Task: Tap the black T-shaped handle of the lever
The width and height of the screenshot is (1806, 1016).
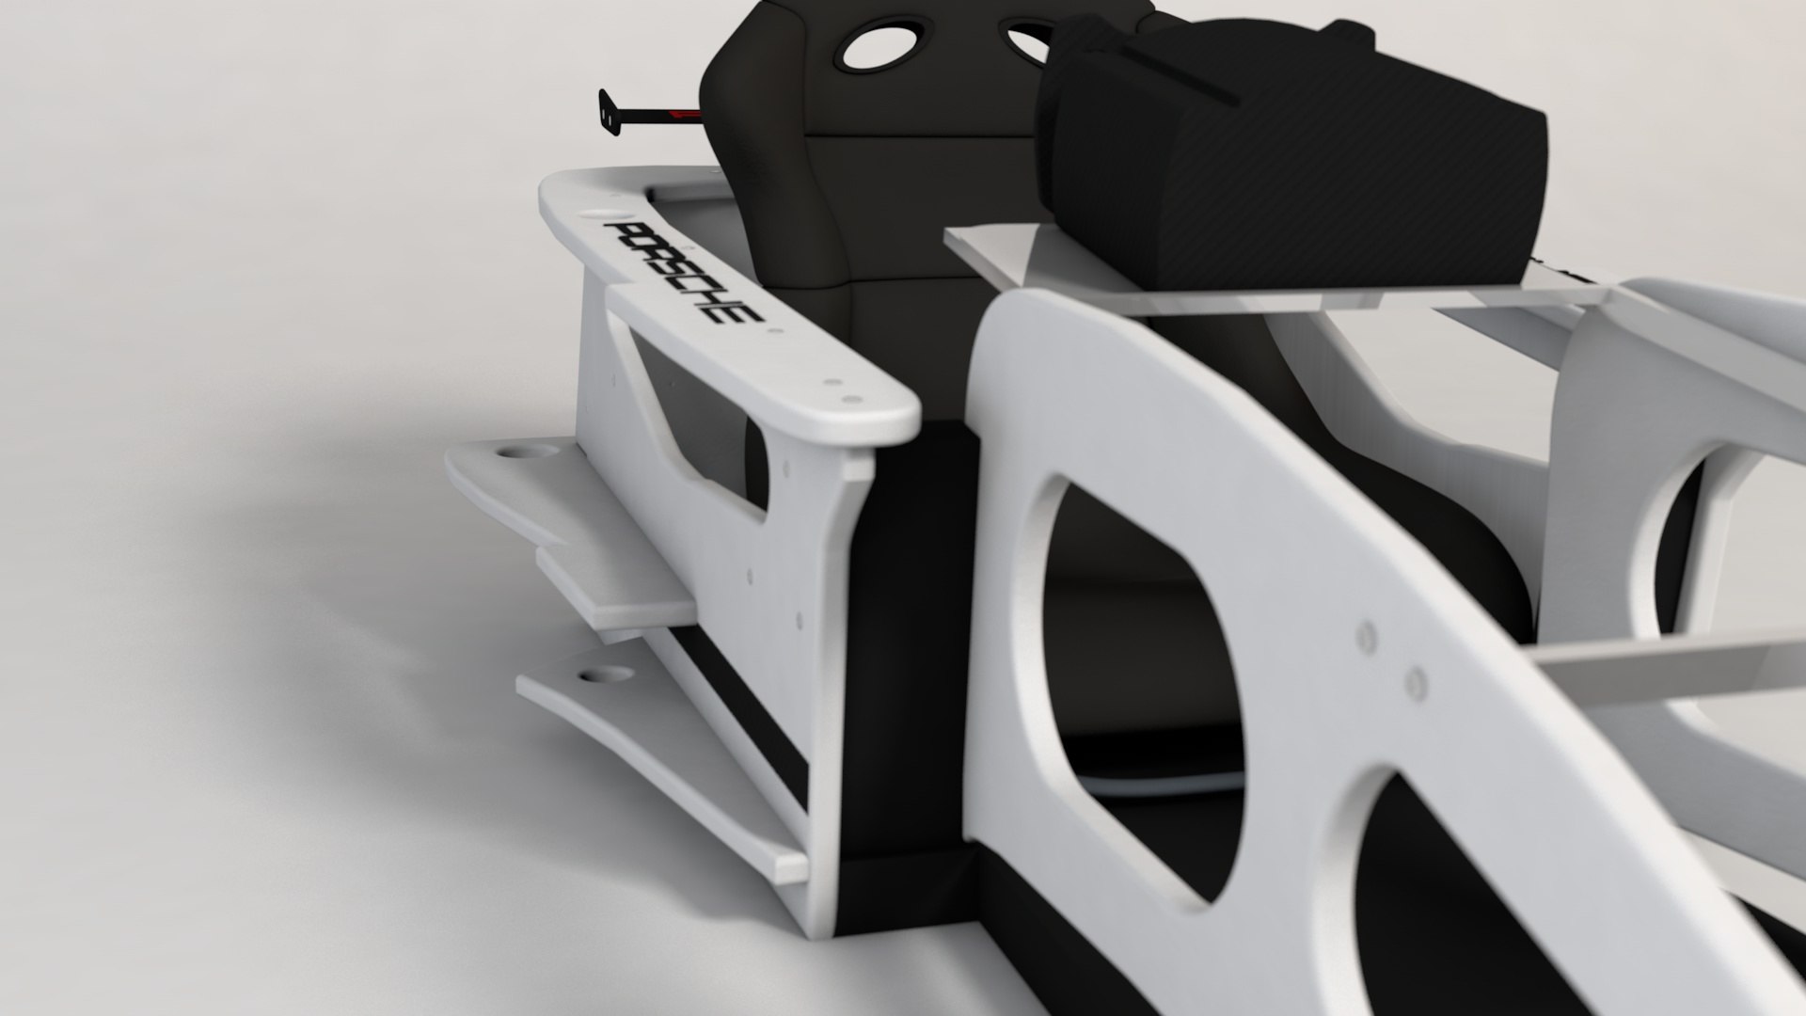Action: pyautogui.click(x=607, y=112)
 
